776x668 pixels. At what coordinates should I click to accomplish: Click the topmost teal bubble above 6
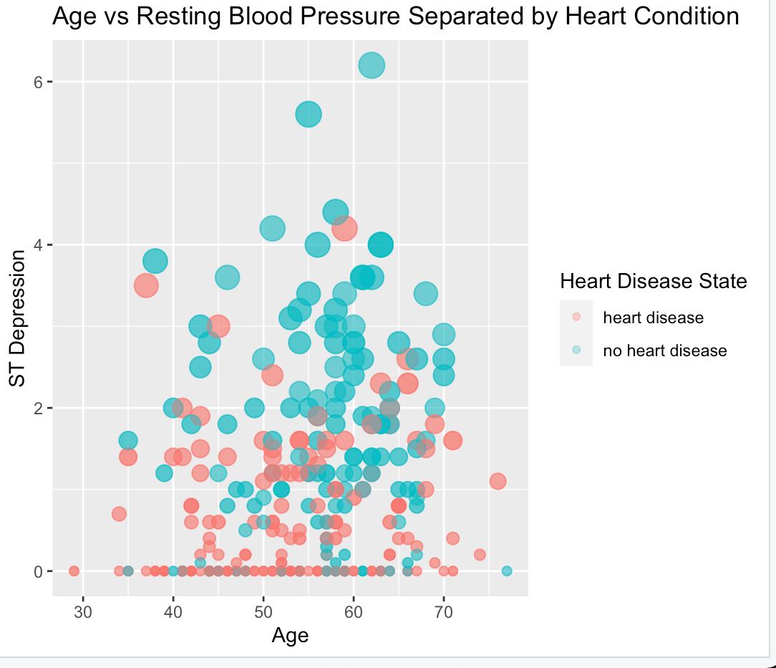point(372,65)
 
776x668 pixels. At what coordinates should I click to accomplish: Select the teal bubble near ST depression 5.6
point(309,114)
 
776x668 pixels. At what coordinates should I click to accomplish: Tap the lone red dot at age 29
point(74,571)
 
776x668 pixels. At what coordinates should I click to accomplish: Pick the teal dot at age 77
point(507,571)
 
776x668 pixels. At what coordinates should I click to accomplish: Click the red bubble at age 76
point(498,482)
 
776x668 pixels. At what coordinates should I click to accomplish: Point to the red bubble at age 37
point(146,285)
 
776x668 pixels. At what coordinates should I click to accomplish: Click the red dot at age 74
point(480,555)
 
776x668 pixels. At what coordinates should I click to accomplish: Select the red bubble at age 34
point(119,514)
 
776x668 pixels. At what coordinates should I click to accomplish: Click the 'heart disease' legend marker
point(576,317)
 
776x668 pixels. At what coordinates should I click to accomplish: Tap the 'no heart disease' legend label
point(665,350)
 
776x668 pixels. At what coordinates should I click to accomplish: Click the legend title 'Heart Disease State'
point(653,282)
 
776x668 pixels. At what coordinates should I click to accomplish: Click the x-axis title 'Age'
point(291,636)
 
